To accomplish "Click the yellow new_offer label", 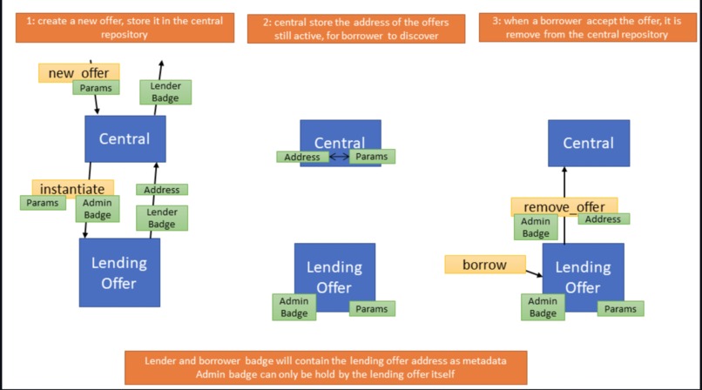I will [78, 73].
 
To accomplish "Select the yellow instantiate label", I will [72, 188].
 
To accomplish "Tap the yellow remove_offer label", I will [564, 206].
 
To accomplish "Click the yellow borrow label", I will [485, 264].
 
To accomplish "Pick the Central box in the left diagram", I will [125, 138].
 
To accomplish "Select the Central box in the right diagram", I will [588, 143].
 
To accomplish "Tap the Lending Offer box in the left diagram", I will [119, 272].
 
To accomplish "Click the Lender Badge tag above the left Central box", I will [165, 92].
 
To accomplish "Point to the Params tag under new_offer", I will [96, 88].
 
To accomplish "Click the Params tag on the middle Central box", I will [372, 157].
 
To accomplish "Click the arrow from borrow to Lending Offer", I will [532, 272].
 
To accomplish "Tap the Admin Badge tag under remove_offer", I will [536, 227].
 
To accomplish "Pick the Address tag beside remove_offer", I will [602, 219].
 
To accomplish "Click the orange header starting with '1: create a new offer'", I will [125, 28].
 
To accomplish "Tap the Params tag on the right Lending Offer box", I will [620, 309].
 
